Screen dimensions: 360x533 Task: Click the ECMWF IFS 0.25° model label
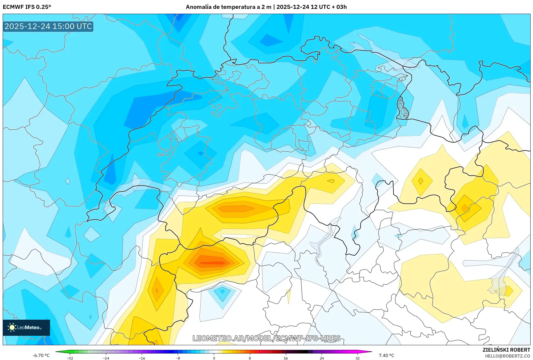click(x=27, y=7)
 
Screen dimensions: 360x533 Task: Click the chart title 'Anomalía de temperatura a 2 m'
click(x=228, y=7)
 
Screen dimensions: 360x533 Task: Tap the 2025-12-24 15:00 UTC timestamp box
click(x=48, y=26)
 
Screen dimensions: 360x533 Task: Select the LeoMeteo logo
click(x=26, y=327)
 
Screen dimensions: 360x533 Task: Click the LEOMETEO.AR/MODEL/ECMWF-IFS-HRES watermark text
click(x=266, y=338)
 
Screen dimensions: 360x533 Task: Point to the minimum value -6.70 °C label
click(x=41, y=355)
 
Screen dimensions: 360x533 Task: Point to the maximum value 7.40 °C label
click(x=386, y=355)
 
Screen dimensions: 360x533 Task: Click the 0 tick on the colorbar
click(x=214, y=358)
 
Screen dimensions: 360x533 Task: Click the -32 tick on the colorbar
click(x=70, y=358)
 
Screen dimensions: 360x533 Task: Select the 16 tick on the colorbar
click(x=286, y=358)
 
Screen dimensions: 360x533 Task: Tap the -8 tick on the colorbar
click(x=178, y=358)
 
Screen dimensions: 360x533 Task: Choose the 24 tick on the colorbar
click(x=322, y=358)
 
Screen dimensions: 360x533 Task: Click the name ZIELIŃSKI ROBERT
click(x=506, y=350)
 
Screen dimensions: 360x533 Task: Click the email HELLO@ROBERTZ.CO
click(x=507, y=356)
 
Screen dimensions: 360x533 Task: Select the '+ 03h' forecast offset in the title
click(x=339, y=7)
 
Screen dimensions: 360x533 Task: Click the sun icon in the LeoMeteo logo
click(x=12, y=327)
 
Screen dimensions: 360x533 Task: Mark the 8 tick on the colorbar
click(x=250, y=358)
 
